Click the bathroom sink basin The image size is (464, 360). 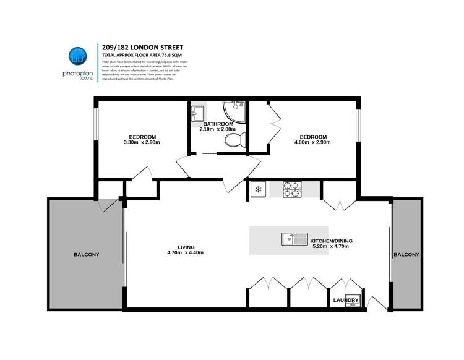click(x=198, y=113)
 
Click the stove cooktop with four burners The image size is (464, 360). click(x=291, y=189)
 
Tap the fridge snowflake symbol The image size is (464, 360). click(x=259, y=189)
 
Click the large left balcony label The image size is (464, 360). click(x=86, y=254)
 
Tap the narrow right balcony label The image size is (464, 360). click(x=406, y=254)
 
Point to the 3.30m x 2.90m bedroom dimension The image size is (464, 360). click(x=142, y=142)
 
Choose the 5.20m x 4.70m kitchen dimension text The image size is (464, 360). click(x=331, y=246)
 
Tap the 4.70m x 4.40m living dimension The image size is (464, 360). click(x=186, y=253)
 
